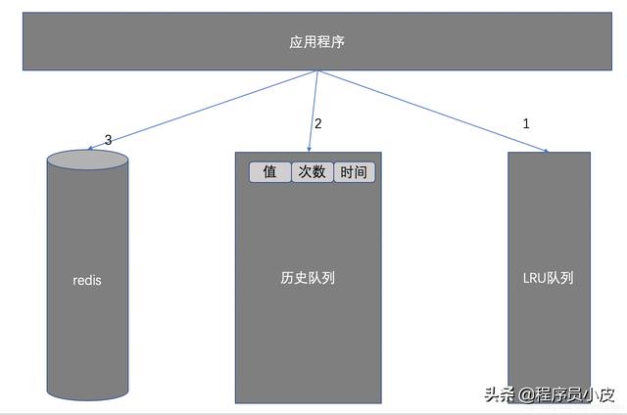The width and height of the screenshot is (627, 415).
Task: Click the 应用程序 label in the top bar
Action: coord(316,42)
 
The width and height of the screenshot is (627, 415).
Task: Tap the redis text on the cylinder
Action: coord(87,280)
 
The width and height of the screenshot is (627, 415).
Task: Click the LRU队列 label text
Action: coord(548,278)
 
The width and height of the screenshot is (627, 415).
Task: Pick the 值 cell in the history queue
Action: coord(270,172)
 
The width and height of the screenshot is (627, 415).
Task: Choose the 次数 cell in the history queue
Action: coord(313,172)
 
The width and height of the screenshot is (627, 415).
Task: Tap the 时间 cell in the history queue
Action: coord(355,172)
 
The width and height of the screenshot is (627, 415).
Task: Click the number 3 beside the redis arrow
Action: coord(108,140)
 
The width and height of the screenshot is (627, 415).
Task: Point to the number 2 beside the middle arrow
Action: coord(317,124)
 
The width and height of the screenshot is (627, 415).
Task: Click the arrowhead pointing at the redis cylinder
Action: coord(90,150)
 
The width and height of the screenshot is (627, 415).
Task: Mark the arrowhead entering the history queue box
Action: coord(309,149)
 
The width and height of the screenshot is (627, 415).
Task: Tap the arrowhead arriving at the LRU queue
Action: coord(544,150)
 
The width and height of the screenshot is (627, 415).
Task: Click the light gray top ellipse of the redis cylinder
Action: coord(87,160)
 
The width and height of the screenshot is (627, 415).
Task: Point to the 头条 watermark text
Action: coord(499,394)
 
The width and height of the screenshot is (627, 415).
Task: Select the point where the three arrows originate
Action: coord(316,71)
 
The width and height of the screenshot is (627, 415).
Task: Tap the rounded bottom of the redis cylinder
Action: coord(87,387)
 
